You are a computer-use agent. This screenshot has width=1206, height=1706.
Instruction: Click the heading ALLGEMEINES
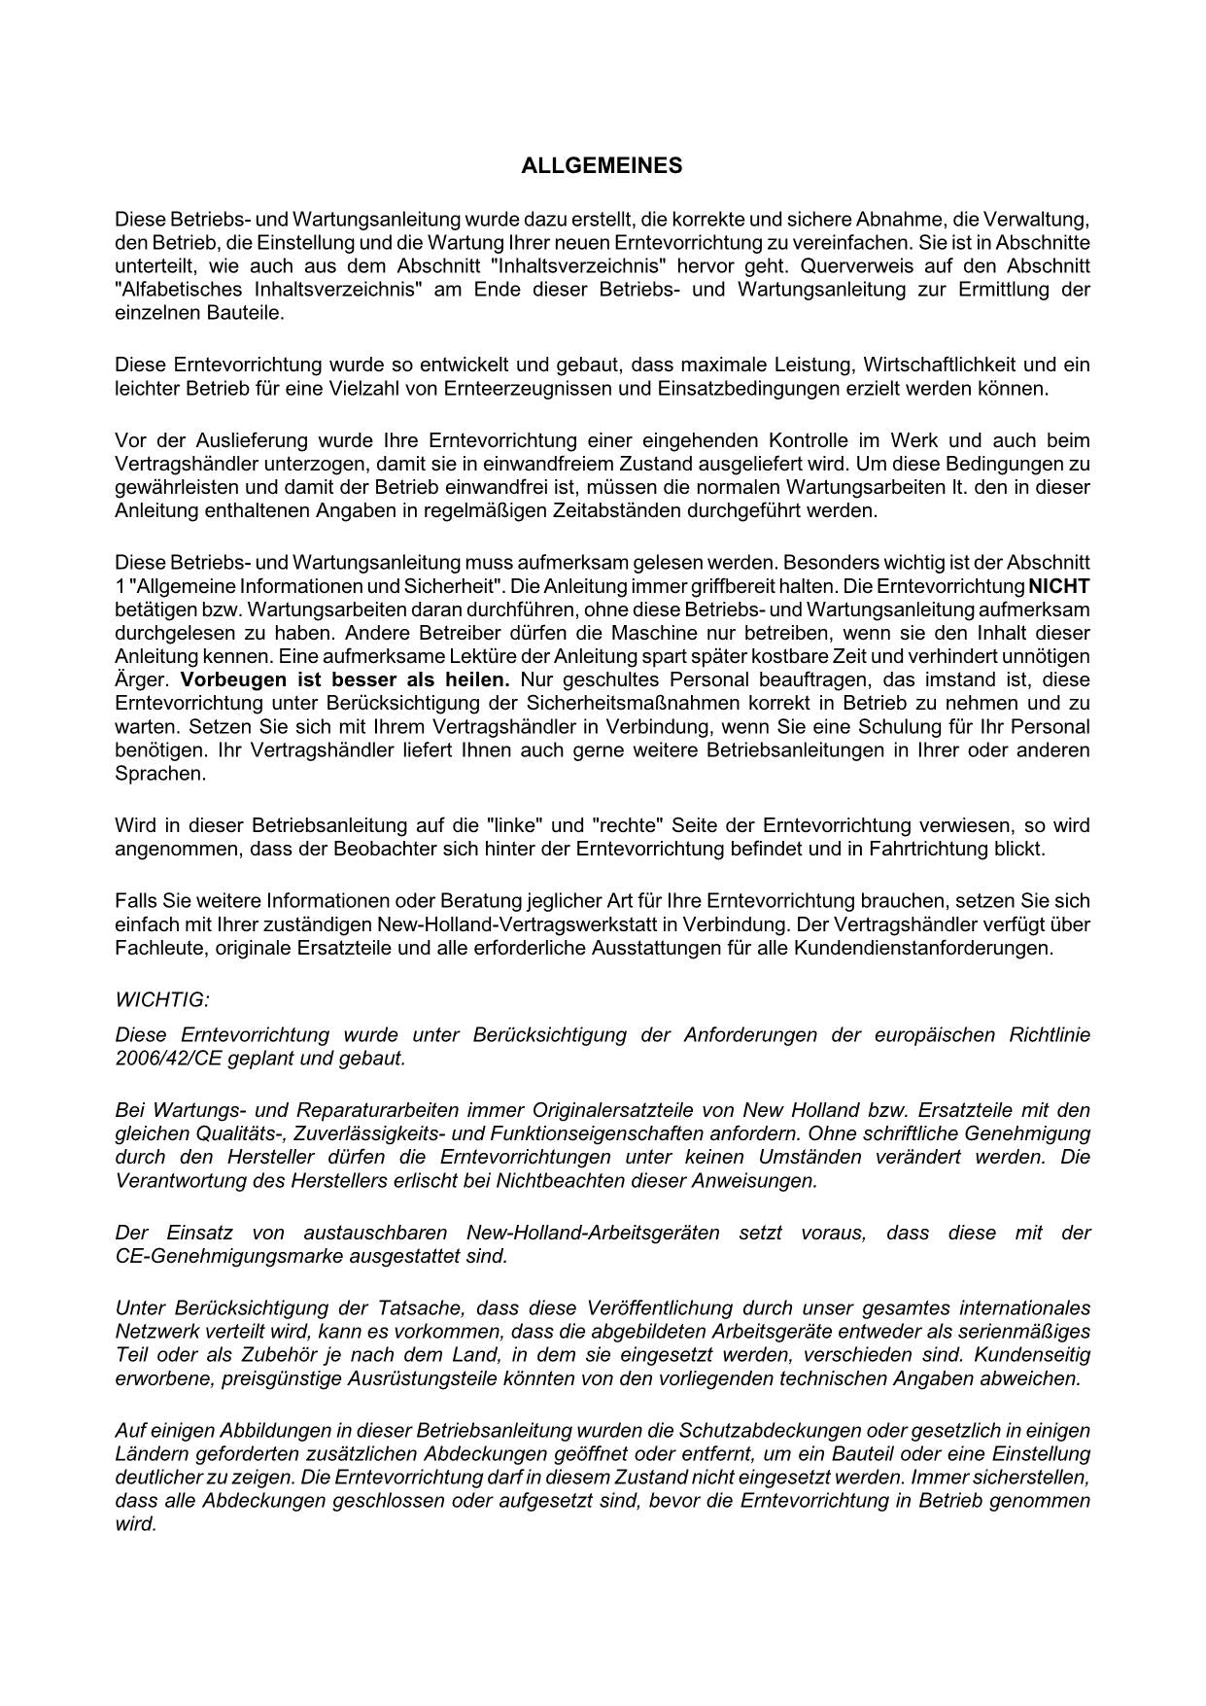tap(602, 166)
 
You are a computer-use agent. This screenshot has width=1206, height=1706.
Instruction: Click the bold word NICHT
tap(1058, 586)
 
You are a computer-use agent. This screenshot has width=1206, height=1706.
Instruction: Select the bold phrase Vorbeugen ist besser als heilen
tap(345, 679)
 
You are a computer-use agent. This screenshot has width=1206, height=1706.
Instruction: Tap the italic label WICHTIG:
tap(162, 999)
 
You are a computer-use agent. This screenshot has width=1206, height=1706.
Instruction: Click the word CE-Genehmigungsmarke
tap(214, 1256)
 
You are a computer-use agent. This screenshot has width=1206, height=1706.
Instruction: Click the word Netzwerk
tap(154, 1332)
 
